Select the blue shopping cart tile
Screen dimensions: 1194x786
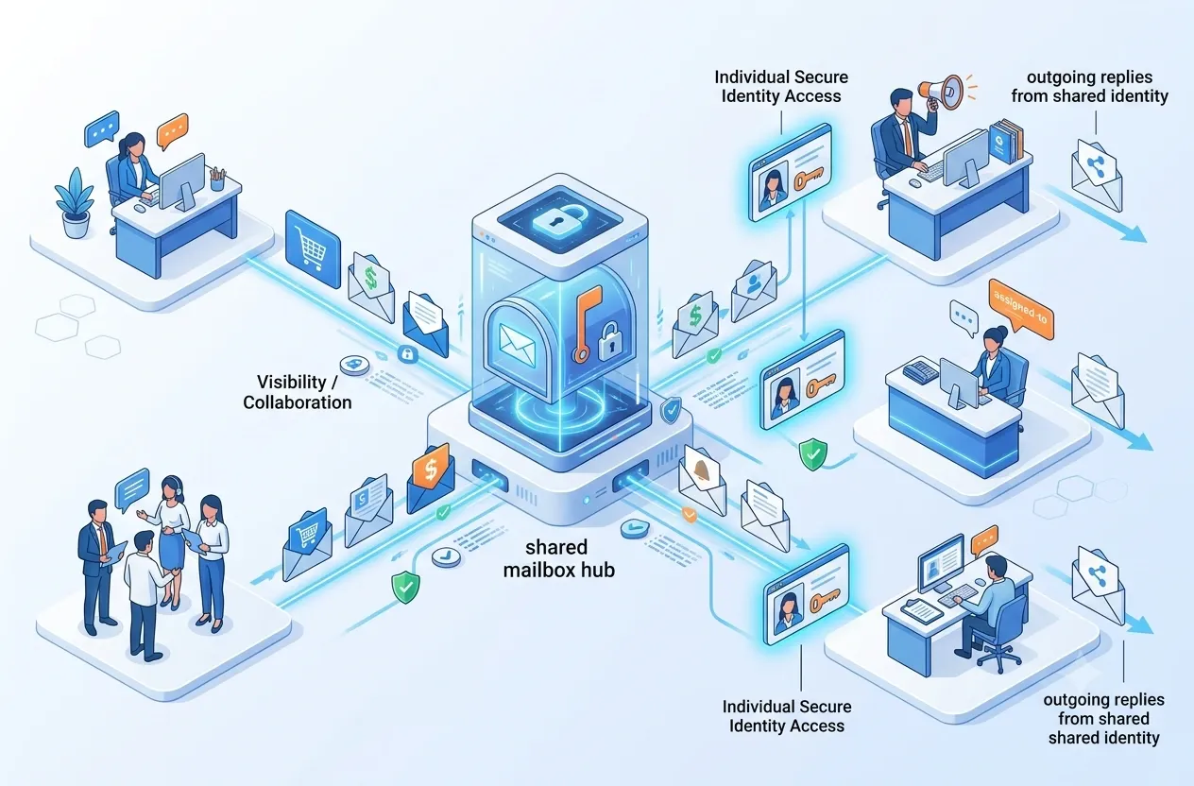pos(313,248)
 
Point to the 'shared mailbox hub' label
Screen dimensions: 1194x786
pos(558,558)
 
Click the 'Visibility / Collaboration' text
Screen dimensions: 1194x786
pos(297,392)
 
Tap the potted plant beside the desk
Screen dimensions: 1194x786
pos(76,202)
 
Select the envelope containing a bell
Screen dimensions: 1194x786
pos(703,479)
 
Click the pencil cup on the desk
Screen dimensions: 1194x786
pos(217,179)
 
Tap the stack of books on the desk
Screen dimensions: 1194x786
pos(1005,141)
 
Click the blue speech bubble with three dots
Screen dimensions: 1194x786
pos(101,128)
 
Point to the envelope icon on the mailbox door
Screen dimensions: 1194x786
pos(517,346)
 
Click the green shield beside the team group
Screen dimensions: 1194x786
pos(405,586)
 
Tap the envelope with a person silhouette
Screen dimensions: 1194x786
pos(754,291)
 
